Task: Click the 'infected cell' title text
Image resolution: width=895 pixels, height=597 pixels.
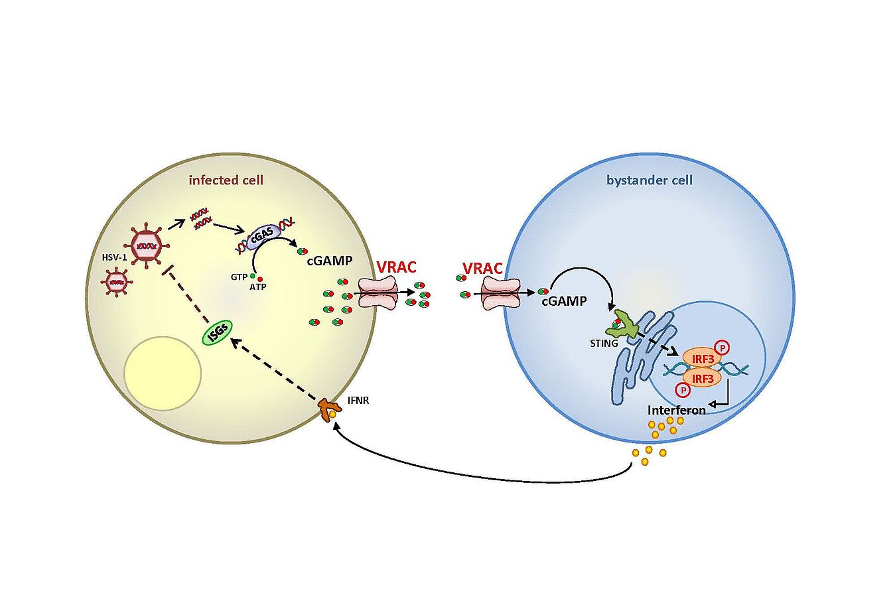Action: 226,180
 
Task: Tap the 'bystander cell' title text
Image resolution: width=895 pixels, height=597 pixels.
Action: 650,180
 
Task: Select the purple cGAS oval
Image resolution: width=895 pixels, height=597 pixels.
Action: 261,236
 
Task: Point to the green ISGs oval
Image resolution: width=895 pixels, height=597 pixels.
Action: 218,332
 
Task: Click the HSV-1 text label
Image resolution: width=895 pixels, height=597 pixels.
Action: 114,258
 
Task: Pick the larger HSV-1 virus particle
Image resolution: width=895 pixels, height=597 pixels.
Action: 147,246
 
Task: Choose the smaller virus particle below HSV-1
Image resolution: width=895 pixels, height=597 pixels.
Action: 117,283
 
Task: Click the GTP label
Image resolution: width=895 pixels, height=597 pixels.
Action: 239,277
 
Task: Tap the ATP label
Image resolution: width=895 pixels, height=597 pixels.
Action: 257,287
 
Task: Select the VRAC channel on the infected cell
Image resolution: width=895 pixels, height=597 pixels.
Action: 378,293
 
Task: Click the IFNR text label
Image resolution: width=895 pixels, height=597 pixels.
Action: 358,401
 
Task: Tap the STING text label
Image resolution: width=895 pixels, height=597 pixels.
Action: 604,344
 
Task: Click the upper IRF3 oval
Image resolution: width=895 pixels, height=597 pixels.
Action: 702,359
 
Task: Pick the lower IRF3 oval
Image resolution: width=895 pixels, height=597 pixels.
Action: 702,378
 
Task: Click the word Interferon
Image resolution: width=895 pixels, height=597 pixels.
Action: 677,411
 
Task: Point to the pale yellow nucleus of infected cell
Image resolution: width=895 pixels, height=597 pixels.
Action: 163,373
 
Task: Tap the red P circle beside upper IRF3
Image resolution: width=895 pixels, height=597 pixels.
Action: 723,348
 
